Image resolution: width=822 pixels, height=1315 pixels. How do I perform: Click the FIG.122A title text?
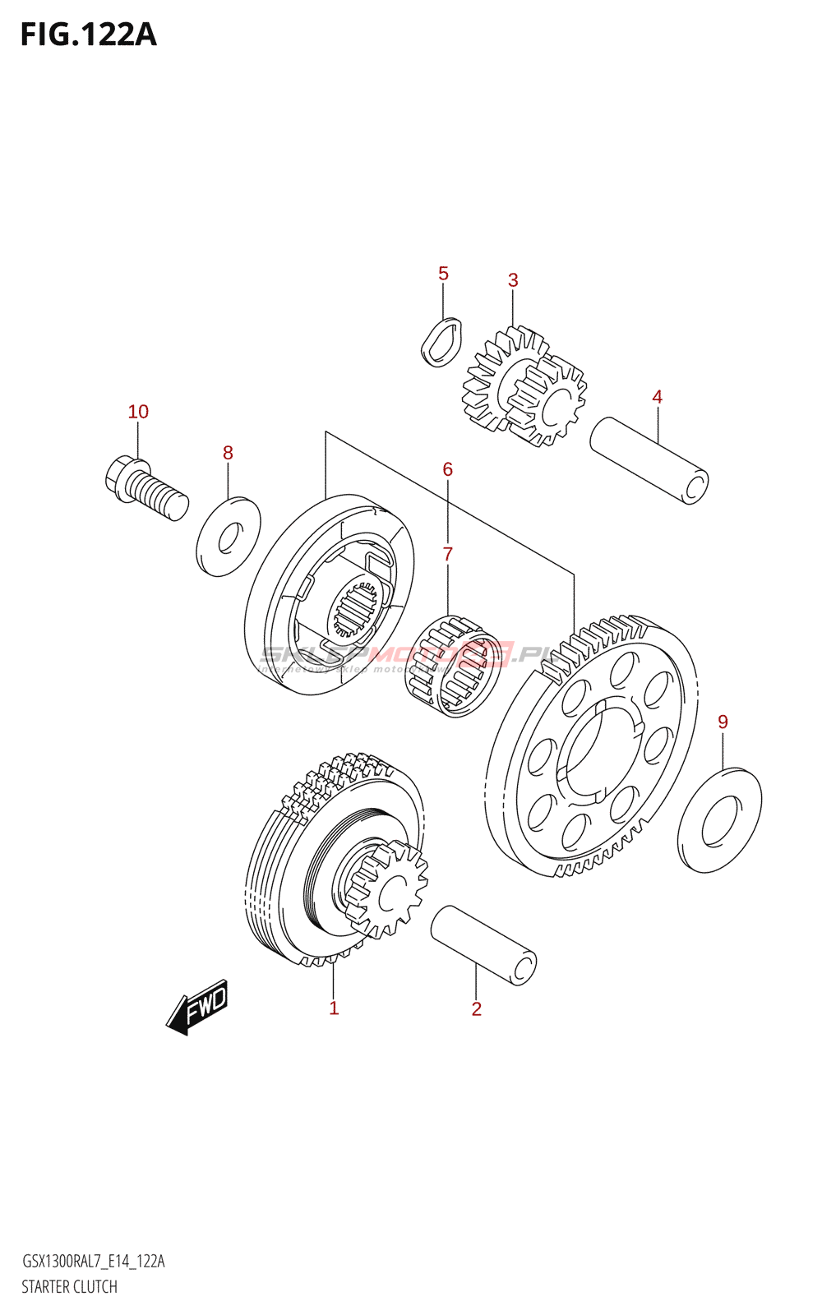88,35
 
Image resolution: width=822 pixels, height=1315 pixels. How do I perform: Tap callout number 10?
138,412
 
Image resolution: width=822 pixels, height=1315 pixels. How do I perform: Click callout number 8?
228,453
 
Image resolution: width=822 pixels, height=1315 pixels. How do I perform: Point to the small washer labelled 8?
229,537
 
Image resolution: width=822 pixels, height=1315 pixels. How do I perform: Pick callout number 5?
443,274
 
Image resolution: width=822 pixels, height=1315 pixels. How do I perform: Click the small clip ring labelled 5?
441,341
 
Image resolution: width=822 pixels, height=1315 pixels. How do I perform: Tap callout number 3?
513,280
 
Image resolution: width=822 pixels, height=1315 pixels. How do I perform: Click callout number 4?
657,397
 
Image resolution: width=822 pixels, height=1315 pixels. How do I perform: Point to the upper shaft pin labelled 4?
649,460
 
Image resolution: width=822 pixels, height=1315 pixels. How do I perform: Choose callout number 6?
447,469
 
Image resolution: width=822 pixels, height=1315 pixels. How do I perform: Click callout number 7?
447,554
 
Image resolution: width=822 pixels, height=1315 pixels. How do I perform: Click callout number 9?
723,722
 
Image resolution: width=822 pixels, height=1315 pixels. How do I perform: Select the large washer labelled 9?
720,820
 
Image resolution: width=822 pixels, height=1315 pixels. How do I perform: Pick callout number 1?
334,1008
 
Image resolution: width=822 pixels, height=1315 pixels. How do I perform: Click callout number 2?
476,1009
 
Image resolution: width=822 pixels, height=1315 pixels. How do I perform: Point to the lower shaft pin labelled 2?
484,944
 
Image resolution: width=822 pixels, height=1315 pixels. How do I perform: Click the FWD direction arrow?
197,1007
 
